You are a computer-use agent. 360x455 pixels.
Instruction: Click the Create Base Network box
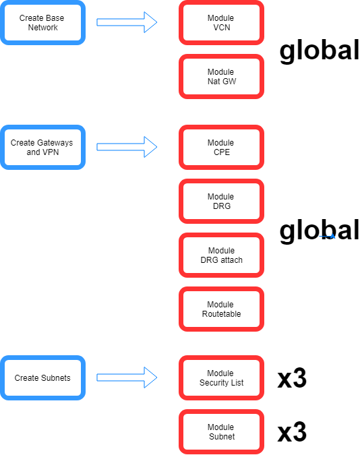point(42,23)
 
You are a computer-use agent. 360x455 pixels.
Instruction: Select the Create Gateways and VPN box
point(42,147)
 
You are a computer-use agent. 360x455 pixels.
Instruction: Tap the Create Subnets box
point(42,377)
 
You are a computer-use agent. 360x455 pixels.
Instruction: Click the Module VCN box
point(221,23)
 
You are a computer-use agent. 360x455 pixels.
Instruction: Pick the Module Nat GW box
point(221,76)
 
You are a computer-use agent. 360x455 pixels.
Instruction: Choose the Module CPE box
point(221,147)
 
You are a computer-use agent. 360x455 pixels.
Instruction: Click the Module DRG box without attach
point(221,201)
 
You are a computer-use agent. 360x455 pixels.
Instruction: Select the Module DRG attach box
point(221,255)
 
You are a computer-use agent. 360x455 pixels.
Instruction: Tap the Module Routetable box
point(221,309)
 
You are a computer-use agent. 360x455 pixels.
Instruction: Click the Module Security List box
point(221,377)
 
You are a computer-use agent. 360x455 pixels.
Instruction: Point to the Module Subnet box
point(221,431)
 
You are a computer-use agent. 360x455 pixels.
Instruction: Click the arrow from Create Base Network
point(127,22)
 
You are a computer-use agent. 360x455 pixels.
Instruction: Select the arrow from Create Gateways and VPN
point(127,147)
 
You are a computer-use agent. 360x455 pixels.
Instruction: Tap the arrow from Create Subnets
point(127,377)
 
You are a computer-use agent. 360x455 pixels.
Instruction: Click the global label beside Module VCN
point(320,51)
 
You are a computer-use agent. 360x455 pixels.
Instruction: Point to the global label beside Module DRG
point(320,231)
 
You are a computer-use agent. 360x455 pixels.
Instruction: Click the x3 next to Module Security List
point(292,378)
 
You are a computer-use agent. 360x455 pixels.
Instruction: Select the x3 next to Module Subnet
point(292,432)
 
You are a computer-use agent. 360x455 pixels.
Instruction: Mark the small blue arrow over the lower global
point(328,237)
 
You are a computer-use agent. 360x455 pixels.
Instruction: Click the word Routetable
point(222,314)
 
